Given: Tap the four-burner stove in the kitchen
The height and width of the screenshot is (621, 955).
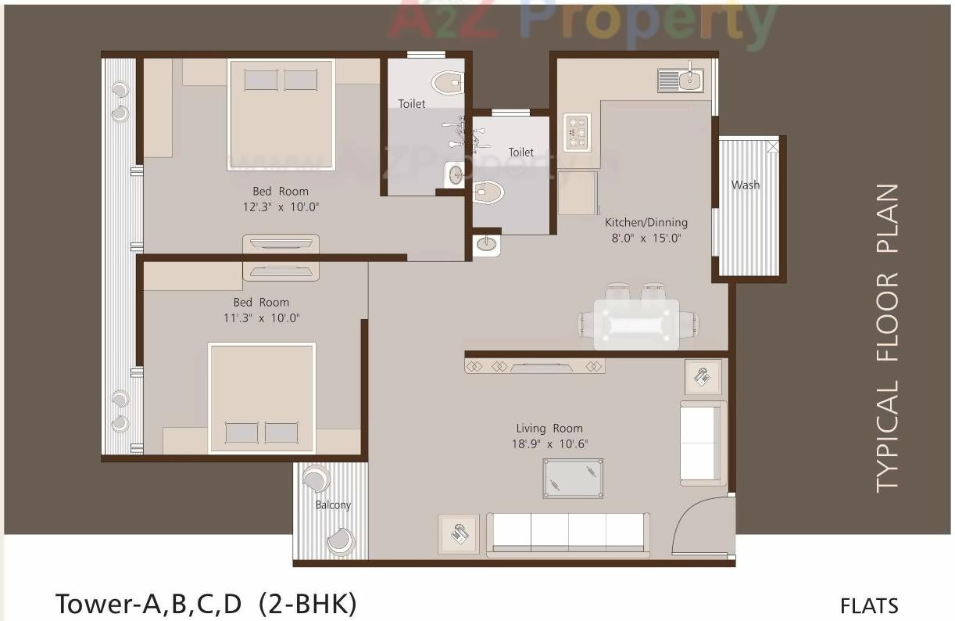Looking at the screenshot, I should [x=577, y=132].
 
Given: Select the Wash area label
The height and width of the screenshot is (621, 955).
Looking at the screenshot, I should [x=745, y=185].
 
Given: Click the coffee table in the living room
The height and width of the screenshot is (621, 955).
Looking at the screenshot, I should [x=573, y=479].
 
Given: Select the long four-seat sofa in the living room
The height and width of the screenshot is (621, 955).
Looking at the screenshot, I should [x=567, y=534].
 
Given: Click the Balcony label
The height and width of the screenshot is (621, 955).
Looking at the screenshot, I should [x=333, y=505].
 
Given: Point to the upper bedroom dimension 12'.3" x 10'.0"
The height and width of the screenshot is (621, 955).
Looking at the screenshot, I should [x=281, y=207].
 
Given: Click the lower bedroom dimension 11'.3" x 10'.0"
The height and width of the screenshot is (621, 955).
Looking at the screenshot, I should [x=261, y=318].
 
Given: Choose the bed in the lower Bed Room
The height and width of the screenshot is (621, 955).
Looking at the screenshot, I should [x=261, y=397].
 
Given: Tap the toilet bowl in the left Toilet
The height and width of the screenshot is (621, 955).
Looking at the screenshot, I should [x=448, y=81].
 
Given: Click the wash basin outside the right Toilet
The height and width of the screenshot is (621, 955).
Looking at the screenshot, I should [x=487, y=245].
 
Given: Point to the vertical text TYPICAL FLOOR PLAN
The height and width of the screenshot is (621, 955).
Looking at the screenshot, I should [x=887, y=338].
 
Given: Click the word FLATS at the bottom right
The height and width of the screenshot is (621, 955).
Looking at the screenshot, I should [x=869, y=605].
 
